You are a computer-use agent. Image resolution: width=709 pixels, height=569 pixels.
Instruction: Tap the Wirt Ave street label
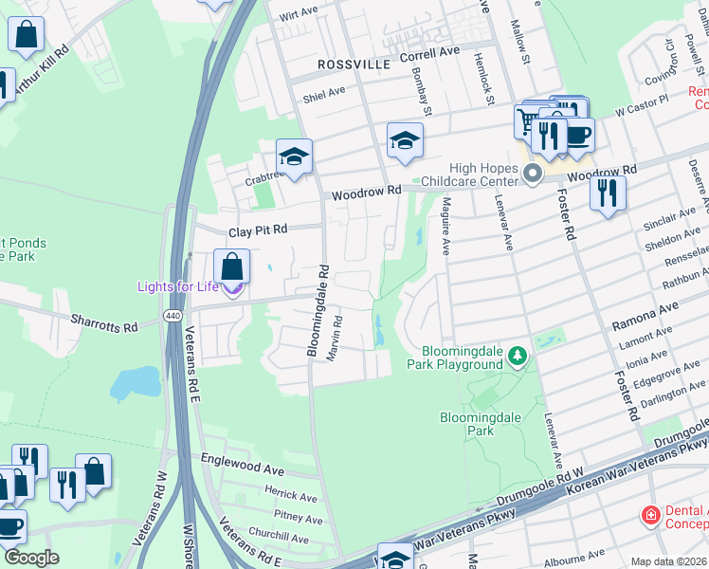pyautogui.click(x=299, y=14)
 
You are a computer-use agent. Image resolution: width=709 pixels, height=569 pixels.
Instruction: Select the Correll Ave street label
pyautogui.click(x=429, y=54)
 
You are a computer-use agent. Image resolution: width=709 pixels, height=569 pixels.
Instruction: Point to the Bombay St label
pyautogui.click(x=428, y=99)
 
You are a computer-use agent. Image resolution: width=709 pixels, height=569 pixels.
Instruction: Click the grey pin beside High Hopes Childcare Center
pyautogui.click(x=533, y=174)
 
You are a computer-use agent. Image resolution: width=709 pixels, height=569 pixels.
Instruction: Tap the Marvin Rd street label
pyautogui.click(x=335, y=337)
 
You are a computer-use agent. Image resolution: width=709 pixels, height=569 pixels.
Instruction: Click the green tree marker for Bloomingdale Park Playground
pyautogui.click(x=517, y=357)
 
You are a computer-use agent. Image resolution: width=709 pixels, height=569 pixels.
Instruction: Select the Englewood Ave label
pyautogui.click(x=243, y=458)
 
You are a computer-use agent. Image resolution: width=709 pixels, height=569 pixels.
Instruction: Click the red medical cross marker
pyautogui.click(x=651, y=516)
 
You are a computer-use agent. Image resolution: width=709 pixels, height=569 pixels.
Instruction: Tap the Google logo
pyautogui.click(x=31, y=558)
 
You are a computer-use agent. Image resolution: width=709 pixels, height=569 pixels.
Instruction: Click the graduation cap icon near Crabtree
pyautogui.click(x=294, y=156)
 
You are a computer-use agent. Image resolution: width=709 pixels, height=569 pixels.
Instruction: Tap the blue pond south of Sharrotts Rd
pyautogui.click(x=134, y=383)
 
